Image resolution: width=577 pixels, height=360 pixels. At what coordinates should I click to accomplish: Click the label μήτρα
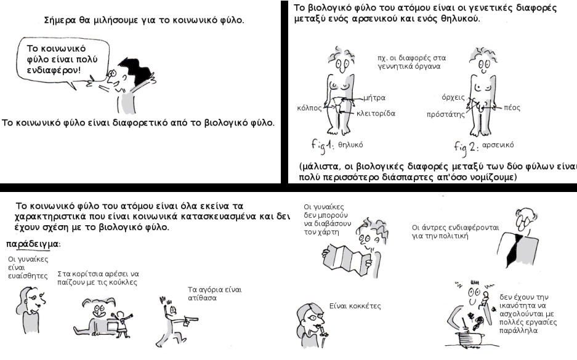tap(374, 98)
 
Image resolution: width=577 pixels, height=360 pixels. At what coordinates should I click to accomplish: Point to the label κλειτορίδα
tap(376, 113)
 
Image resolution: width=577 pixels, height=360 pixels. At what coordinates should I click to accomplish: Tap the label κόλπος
tap(309, 108)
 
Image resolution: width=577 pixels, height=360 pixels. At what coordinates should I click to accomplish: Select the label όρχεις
tap(453, 97)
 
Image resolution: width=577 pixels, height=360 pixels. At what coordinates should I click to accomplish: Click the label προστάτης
tap(446, 114)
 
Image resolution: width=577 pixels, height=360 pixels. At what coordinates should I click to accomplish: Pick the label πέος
tap(512, 108)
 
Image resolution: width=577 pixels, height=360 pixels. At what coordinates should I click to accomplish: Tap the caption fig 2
tap(466, 147)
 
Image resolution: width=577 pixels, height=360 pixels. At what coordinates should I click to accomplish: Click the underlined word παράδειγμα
tap(33, 244)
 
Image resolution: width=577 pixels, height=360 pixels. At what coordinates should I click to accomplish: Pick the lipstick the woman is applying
tap(324, 331)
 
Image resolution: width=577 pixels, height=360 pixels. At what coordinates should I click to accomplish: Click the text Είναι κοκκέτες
tap(355, 306)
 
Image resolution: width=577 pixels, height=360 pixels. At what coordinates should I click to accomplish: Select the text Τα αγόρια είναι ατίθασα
tap(214, 294)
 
